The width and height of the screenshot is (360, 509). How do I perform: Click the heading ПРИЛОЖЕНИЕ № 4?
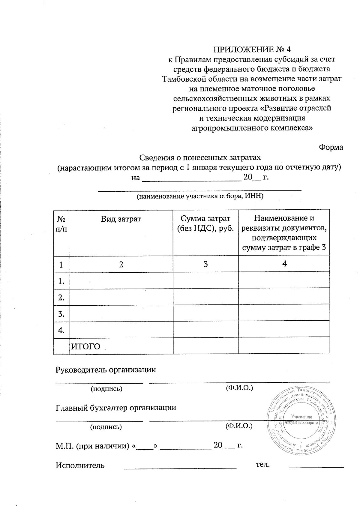(252, 49)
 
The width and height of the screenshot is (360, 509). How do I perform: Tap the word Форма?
(331, 147)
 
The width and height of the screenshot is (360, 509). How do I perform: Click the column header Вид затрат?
(121, 219)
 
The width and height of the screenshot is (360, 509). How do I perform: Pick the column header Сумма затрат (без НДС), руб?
(205, 223)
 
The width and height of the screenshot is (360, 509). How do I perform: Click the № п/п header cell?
(61, 224)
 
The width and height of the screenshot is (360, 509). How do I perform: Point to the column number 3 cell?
(205, 264)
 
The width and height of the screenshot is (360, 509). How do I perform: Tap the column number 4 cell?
(284, 264)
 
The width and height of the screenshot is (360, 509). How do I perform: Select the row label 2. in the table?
(61, 298)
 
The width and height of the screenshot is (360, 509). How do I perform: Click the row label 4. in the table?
(61, 330)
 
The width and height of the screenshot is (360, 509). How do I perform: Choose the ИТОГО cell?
(85, 347)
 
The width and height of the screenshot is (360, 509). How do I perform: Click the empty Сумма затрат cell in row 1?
(205, 280)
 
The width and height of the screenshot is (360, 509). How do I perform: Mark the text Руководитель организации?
(106, 370)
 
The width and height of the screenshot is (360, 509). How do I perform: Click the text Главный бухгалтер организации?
(116, 408)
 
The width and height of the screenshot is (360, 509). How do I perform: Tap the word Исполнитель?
(80, 466)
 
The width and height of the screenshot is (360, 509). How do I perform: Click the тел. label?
(263, 465)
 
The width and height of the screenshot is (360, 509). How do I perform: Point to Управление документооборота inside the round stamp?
(301, 420)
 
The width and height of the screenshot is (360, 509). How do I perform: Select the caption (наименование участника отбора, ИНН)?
(200, 196)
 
